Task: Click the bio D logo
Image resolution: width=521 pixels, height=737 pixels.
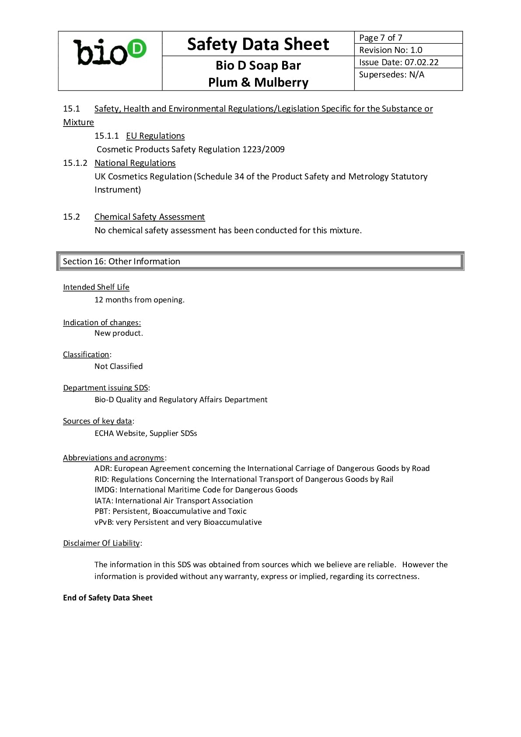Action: (110, 53)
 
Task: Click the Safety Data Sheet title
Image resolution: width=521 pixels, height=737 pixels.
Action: (258, 44)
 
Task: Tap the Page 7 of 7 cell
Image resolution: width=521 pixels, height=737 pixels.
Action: (381, 38)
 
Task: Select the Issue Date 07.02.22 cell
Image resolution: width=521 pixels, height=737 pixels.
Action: (399, 62)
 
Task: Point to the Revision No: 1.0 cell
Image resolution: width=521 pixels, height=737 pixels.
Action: (391, 50)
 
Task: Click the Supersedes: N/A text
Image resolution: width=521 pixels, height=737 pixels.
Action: (392, 74)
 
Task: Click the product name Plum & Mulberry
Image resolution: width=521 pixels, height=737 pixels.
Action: (258, 82)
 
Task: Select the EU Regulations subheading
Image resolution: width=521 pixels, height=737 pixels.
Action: (155, 136)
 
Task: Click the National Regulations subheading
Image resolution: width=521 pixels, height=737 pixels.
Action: (135, 163)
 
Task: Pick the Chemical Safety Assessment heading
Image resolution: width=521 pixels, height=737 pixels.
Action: (150, 217)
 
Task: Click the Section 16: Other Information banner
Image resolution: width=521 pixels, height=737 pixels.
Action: (260, 261)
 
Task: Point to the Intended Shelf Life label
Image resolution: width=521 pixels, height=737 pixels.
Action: (96, 287)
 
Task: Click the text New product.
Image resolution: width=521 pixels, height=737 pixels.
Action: (119, 333)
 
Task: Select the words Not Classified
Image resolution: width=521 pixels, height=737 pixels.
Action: (119, 366)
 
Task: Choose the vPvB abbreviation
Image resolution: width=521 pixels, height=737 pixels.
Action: (104, 522)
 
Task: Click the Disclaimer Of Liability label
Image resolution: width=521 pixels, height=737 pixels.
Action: (101, 543)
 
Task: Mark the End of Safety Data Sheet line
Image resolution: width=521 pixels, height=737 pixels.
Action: (108, 598)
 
